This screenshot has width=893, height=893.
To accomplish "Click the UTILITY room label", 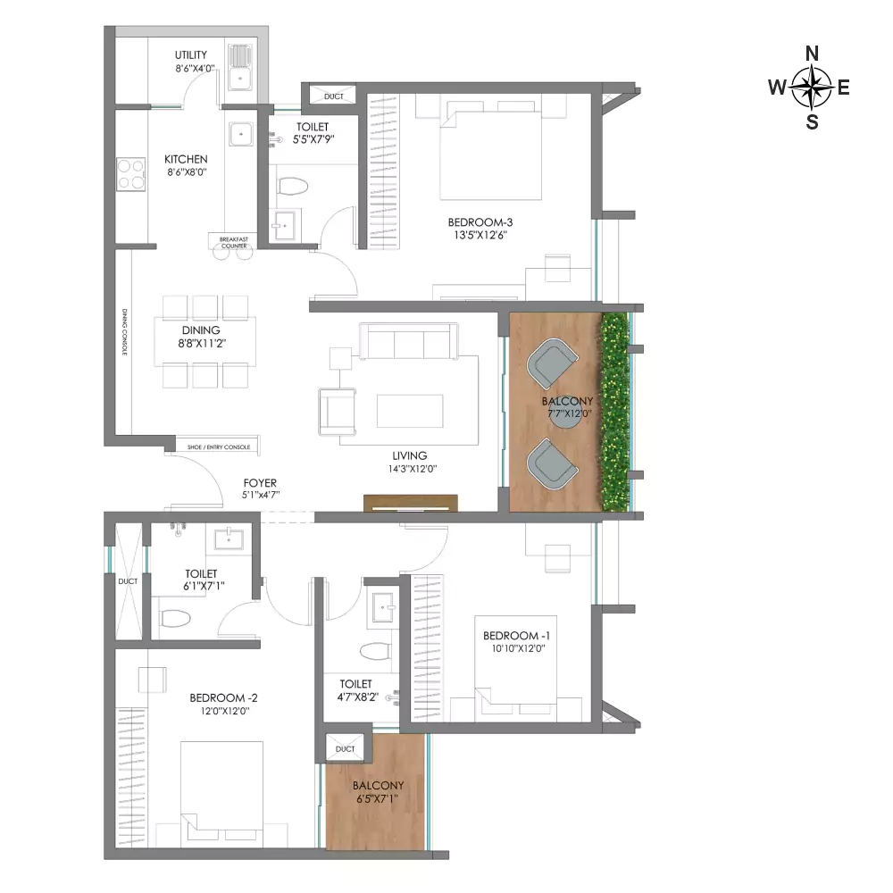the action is click(x=191, y=55).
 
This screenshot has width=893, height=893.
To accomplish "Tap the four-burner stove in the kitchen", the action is click(x=131, y=174).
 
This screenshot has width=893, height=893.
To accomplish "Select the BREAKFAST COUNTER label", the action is click(x=234, y=243).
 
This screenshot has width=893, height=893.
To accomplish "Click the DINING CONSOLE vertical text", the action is click(x=124, y=332).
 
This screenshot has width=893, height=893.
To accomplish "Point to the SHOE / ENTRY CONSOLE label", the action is click(x=219, y=447).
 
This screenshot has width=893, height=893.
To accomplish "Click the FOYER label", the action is click(x=260, y=483).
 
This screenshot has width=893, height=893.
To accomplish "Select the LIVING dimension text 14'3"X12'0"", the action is click(x=409, y=469).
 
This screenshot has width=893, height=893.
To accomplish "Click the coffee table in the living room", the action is click(x=410, y=411).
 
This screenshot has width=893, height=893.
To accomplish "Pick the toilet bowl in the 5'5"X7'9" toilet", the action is click(x=293, y=186).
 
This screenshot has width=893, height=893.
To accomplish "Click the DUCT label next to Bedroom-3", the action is click(x=334, y=96).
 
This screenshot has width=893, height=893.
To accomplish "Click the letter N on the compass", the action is click(x=812, y=54).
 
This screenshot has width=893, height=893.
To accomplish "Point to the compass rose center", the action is click(x=811, y=88).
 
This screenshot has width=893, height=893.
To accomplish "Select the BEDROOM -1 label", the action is click(x=516, y=636).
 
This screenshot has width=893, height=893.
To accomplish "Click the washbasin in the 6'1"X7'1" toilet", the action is click(x=229, y=538).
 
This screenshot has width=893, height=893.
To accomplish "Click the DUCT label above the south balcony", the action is click(x=345, y=749).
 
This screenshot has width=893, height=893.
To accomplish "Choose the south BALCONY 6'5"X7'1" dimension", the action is click(x=378, y=798).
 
